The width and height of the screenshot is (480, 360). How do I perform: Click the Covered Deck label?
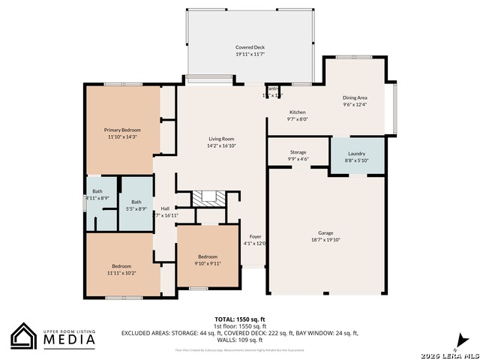pos(250,47)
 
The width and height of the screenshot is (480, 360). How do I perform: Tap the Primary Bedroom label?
pos(122,130)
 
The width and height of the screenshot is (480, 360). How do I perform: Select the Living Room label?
pos(221,139)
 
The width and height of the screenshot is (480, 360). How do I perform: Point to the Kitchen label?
pos(297,112)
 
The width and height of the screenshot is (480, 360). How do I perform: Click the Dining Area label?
pos(355,97)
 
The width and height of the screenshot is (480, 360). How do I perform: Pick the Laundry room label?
pos(356,153)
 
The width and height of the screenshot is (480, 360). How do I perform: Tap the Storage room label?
pos(298,152)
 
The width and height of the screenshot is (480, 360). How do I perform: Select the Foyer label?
pos(255,236)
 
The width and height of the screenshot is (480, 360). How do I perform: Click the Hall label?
pos(166,208)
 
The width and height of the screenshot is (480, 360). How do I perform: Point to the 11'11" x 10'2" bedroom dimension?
pos(121,273)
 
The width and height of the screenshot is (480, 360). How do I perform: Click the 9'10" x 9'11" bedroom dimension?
pos(207,262)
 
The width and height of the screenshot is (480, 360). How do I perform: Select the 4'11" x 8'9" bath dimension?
pos(97,197)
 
